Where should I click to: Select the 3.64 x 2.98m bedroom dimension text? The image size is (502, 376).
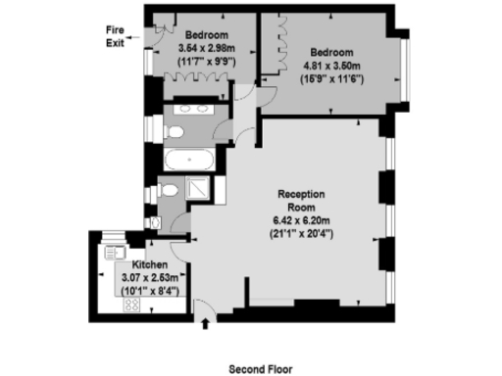pyautogui.click(x=206, y=49)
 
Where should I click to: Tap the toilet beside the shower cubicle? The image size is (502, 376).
pyautogui.click(x=170, y=190)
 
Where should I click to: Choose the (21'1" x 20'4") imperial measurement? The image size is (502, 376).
pyautogui.click(x=301, y=233)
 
